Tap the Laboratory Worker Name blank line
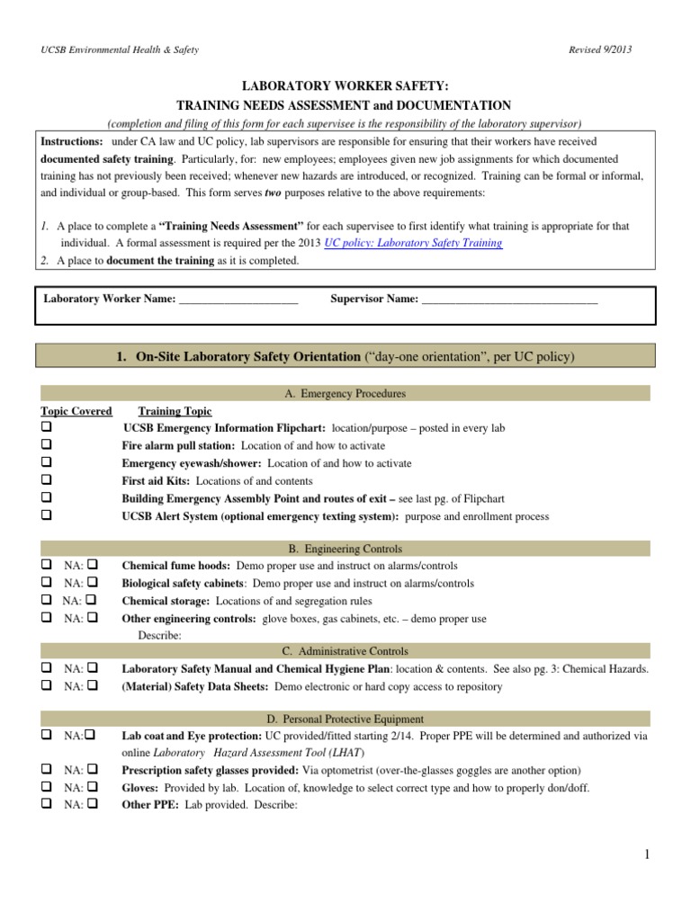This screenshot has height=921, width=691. (238, 300)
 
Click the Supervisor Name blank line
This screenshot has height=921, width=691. (509, 300)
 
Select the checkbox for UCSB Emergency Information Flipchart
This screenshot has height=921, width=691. (46, 428)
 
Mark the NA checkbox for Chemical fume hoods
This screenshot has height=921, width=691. (93, 566)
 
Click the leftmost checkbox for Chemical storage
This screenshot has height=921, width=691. (46, 601)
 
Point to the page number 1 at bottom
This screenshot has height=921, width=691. (646, 855)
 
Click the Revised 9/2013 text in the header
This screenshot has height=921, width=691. (600, 49)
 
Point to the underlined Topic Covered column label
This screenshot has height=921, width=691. (76, 411)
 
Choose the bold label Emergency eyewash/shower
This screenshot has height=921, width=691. (177, 464)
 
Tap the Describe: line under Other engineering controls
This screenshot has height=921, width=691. (159, 635)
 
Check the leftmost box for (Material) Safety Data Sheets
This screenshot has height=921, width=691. (46, 686)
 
